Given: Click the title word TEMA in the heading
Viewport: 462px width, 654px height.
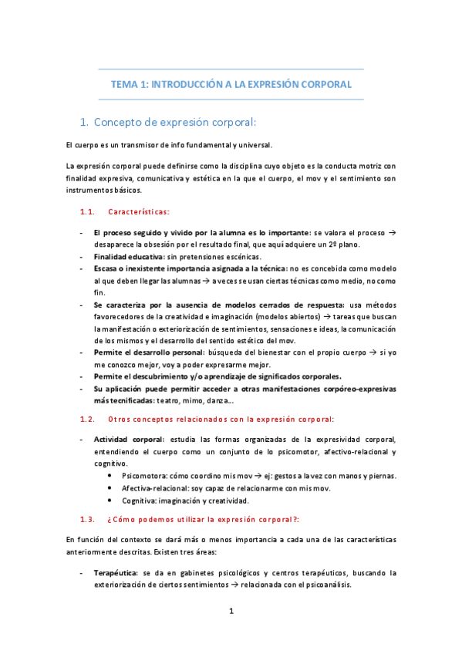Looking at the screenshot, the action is (124, 84).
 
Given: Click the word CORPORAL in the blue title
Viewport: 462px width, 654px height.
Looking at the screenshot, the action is (324, 84).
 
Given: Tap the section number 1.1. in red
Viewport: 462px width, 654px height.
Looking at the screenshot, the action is (87, 211).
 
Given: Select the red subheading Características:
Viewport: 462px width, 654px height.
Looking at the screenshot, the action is (139, 211).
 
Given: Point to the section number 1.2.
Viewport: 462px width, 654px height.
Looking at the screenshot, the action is (87, 420).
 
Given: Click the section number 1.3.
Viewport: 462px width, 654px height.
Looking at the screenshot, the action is (87, 519).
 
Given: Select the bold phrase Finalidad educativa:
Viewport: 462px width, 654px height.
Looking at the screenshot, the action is (129, 256).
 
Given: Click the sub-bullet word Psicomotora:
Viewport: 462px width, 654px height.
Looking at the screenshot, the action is (143, 476).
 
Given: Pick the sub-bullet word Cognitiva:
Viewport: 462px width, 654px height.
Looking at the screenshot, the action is (139, 500).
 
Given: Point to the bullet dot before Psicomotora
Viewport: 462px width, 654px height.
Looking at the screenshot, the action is (113, 476).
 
